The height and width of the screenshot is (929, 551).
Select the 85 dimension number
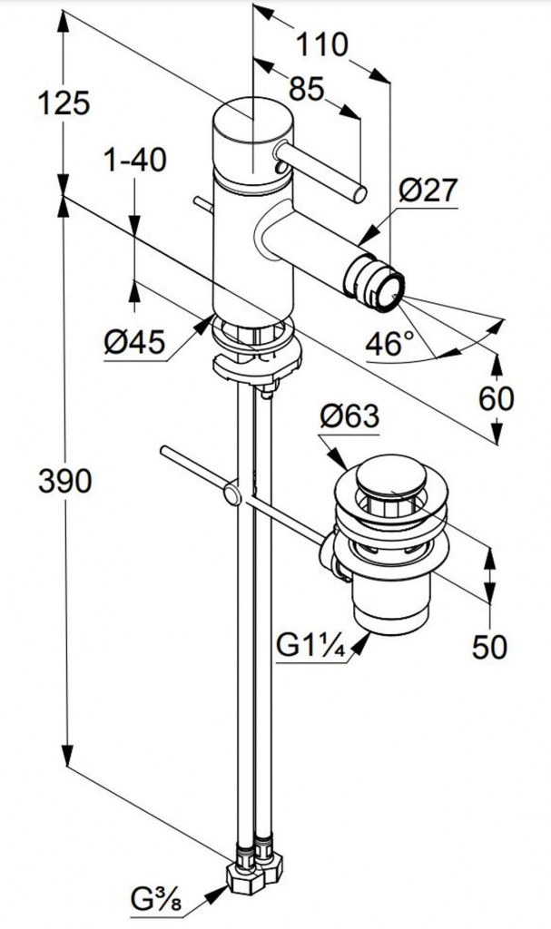(307, 89)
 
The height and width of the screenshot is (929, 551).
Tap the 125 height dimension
(64, 103)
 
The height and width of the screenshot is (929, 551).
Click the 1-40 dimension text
(134, 161)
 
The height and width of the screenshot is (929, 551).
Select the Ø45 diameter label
(134, 342)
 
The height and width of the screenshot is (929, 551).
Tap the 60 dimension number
(494, 397)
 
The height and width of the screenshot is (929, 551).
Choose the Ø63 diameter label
(349, 417)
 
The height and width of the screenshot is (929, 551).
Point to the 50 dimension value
(491, 646)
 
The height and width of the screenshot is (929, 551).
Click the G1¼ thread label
(310, 648)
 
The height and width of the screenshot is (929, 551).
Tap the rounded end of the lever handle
(360, 193)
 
